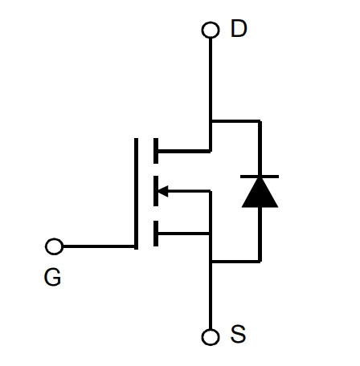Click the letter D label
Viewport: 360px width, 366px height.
239,29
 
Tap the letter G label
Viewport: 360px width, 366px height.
52,278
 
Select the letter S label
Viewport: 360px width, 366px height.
238,334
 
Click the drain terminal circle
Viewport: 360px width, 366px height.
211,30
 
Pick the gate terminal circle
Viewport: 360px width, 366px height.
55,246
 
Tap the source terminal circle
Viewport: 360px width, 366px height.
211,337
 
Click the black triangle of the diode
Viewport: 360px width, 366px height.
260,193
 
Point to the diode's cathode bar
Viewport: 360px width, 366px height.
260,177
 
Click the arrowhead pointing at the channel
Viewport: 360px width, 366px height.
163,191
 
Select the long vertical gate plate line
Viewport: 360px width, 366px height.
136,193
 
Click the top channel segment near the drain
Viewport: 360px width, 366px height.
156,151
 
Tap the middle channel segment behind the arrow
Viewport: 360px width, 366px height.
156,191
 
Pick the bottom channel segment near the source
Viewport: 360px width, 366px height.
156,234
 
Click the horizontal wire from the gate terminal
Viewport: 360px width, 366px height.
99,246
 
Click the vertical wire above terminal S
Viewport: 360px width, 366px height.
211,295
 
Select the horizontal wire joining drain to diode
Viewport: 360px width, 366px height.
235,121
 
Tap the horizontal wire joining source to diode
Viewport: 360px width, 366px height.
235,261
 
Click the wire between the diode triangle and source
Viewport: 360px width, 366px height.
260,234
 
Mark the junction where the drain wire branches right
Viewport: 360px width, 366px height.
211,121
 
